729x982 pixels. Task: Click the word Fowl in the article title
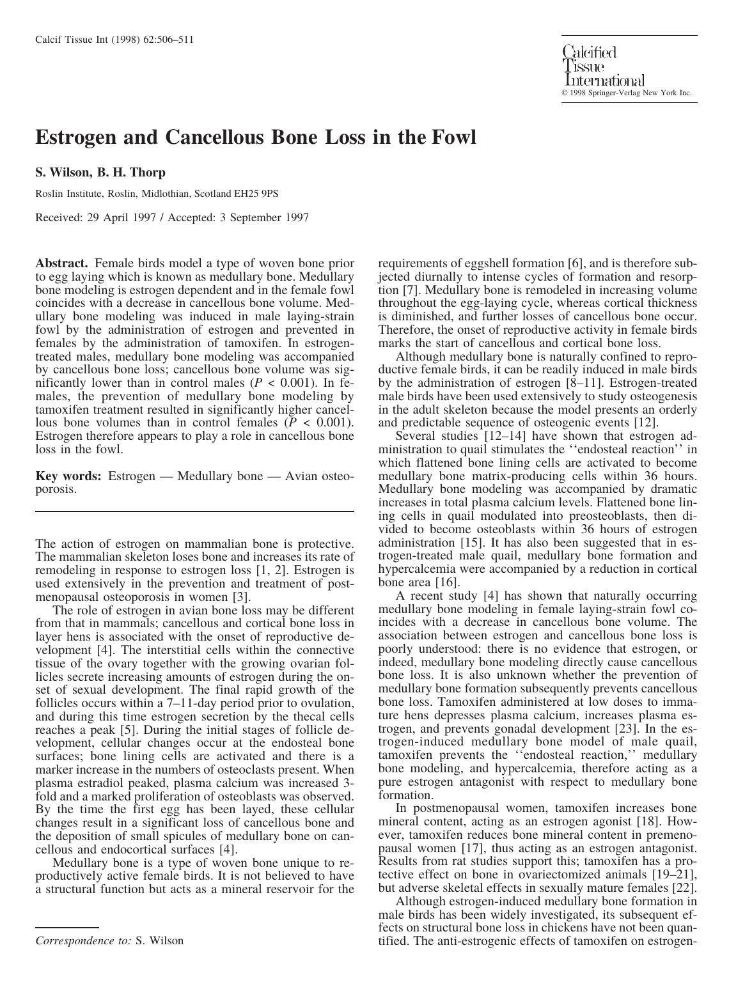[454, 137]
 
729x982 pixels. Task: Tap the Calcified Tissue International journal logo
[603, 66]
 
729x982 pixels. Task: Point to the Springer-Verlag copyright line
[627, 93]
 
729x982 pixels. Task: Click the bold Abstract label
[61, 263]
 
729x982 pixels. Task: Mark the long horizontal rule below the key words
[194, 511]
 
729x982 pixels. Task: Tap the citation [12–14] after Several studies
[508, 436]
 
